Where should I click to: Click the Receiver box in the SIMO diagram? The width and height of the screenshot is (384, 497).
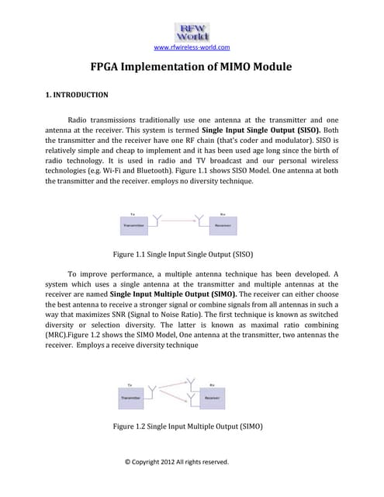[x=211, y=397]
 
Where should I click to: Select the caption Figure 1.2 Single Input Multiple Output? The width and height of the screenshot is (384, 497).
[x=185, y=427]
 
